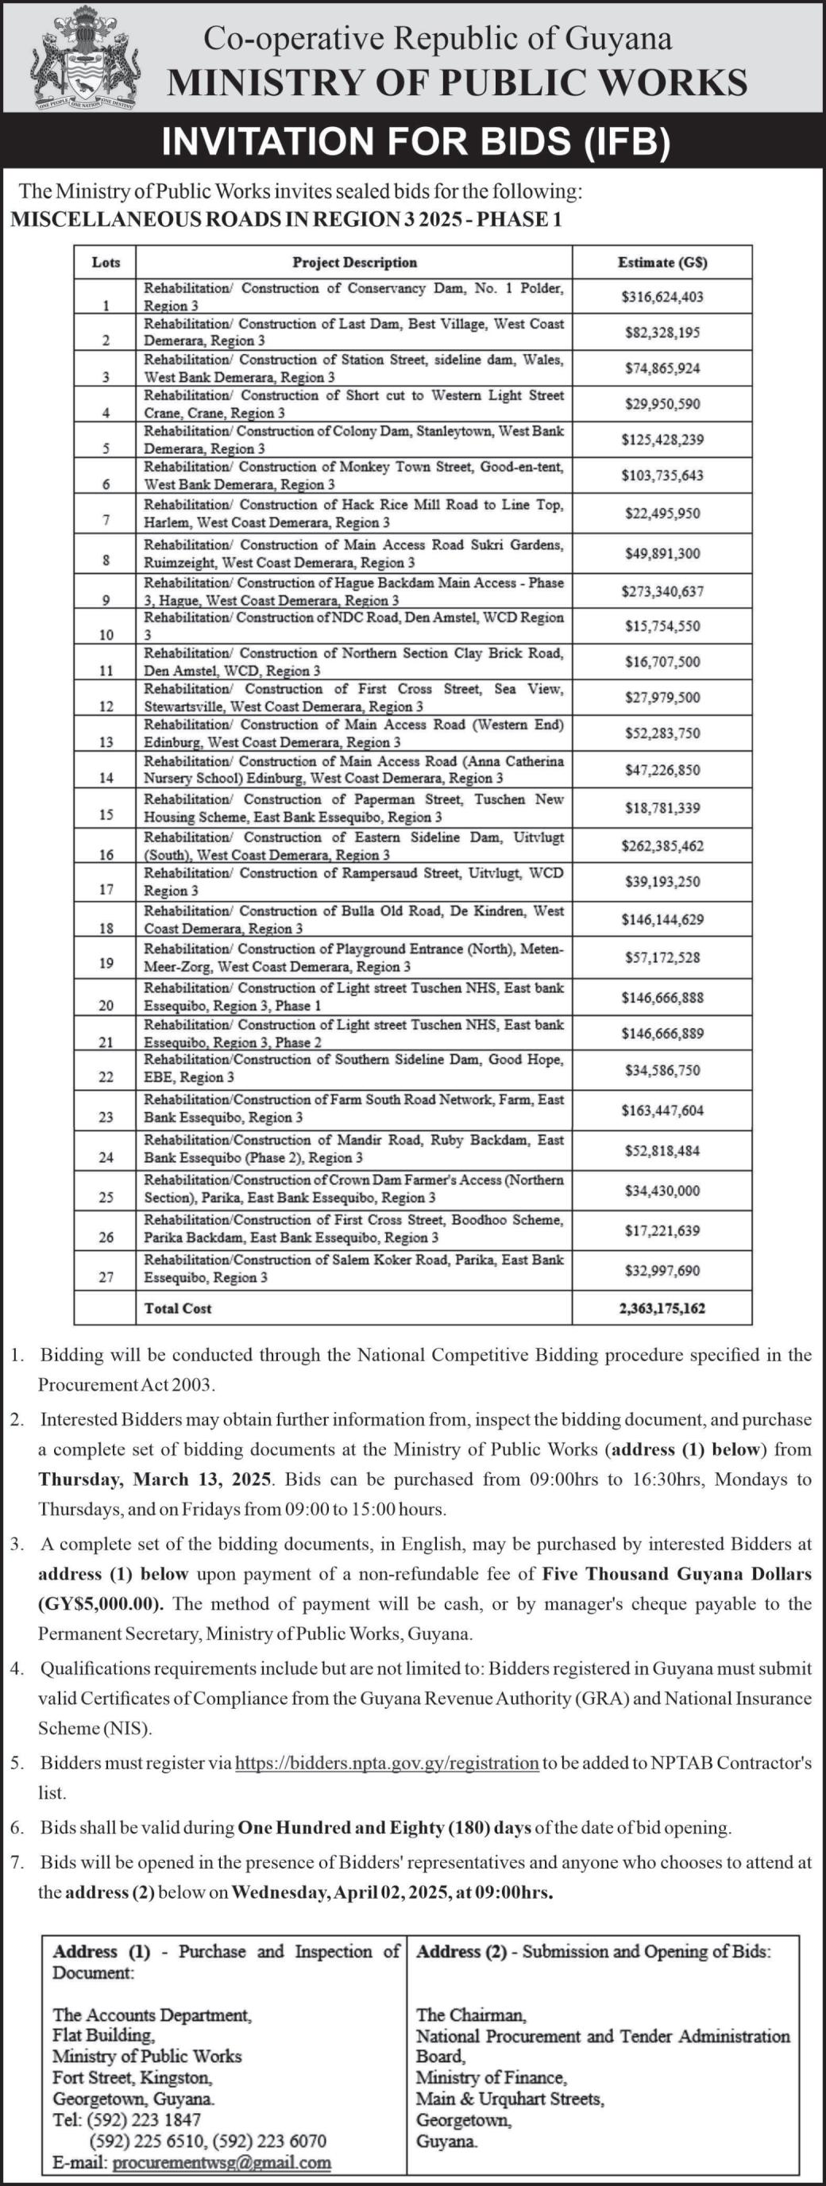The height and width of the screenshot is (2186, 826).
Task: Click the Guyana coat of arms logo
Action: tap(85, 58)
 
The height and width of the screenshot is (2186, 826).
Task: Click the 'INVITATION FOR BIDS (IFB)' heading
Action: tap(416, 140)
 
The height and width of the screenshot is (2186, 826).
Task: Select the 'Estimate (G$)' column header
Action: tap(662, 262)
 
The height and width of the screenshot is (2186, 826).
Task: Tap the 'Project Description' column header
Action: tap(354, 262)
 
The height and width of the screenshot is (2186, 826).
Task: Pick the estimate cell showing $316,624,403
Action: tap(662, 297)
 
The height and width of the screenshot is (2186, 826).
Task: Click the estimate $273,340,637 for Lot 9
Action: tap(662, 591)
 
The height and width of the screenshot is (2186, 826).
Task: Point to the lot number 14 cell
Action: tap(106, 777)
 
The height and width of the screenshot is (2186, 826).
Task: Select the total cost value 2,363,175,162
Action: tap(662, 1307)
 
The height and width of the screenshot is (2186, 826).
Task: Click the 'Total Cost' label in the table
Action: tap(177, 1307)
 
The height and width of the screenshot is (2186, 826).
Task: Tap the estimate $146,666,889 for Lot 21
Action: tap(662, 1033)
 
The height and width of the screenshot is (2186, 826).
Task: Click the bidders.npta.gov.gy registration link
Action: tap(386, 1763)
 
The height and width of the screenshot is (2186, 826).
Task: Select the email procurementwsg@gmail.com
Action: tap(221, 2162)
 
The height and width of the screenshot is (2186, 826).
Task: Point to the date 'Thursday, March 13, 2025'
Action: tap(155, 1479)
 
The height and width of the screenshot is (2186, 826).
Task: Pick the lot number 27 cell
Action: tap(106, 1277)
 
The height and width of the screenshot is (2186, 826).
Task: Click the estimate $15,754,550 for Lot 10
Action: tap(662, 626)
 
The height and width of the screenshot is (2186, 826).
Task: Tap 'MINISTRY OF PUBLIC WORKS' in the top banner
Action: tap(457, 83)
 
